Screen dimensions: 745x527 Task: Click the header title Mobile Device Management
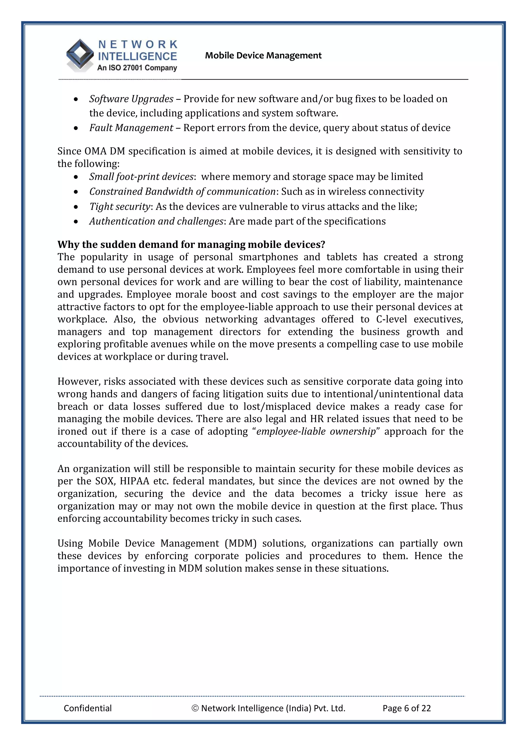click(263, 56)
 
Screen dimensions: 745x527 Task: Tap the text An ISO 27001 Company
click(137, 68)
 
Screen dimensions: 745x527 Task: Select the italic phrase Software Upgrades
click(131, 99)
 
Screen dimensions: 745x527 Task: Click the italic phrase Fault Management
click(131, 128)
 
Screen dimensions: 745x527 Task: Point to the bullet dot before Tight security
click(76, 207)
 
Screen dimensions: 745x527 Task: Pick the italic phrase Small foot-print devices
click(141, 176)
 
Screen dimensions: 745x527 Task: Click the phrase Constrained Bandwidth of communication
click(182, 191)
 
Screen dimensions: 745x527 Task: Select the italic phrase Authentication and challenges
click(156, 221)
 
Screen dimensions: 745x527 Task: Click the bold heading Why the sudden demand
click(191, 244)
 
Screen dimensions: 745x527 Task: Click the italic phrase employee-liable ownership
click(316, 431)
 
